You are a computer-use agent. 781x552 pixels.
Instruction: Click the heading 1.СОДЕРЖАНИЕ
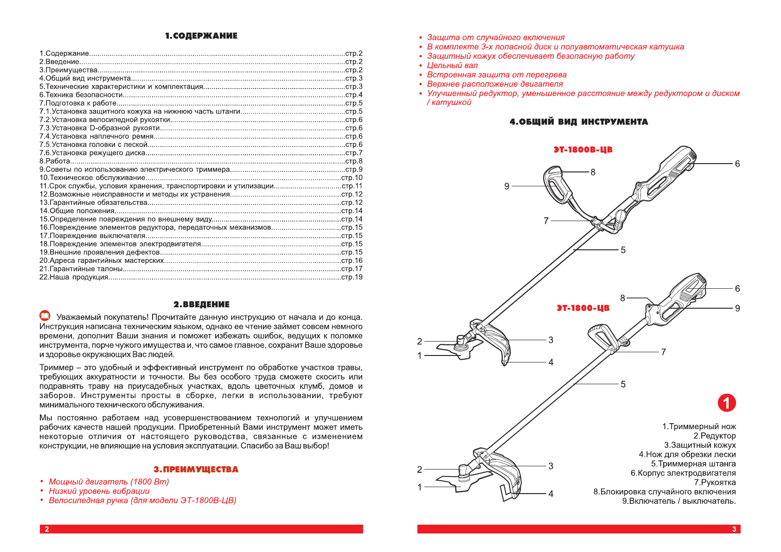tap(201, 36)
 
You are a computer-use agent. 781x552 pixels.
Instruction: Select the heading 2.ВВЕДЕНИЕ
tap(201, 305)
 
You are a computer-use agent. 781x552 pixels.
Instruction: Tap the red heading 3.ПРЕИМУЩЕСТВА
tap(196, 470)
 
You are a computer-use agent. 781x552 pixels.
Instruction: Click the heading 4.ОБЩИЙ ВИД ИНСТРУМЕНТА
tap(578, 122)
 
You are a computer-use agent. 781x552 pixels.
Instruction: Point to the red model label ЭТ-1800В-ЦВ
tap(583, 150)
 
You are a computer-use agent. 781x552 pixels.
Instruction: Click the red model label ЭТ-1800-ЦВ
tap(583, 308)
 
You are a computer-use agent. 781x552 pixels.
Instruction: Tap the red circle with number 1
tap(726, 403)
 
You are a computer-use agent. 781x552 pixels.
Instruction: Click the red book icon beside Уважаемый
tap(45, 316)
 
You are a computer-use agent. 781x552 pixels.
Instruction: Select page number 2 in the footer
tap(46, 529)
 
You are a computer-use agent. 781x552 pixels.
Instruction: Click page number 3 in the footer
tap(734, 529)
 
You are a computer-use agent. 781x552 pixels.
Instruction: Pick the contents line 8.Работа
tap(55, 161)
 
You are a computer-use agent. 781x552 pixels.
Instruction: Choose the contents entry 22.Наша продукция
tap(74, 277)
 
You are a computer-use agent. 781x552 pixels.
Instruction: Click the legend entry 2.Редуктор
tap(714, 436)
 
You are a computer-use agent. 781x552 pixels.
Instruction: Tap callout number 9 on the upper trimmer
tap(507, 186)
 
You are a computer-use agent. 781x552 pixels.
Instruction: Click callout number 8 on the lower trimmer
tap(622, 298)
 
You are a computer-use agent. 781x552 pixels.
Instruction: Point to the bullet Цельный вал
tap(452, 65)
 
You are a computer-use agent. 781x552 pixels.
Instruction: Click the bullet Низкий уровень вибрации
tap(99, 491)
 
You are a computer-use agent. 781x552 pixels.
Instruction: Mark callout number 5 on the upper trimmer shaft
tap(623, 250)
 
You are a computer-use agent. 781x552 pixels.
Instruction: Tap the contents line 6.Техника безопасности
tap(81, 95)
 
